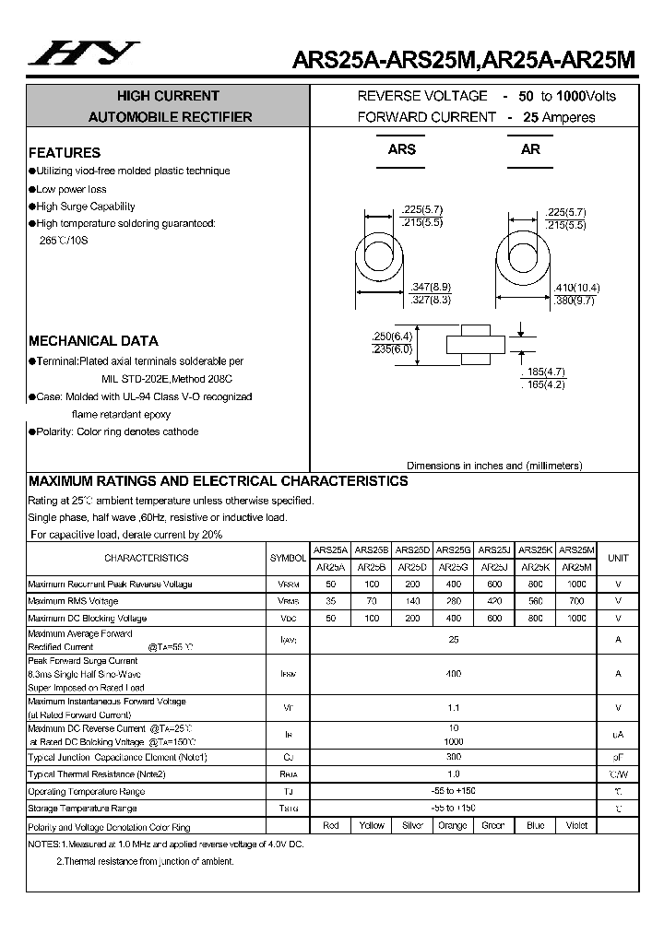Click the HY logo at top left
coord(83,55)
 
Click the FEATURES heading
coord(65,153)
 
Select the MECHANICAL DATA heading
coord(93,340)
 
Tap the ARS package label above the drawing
coord(401,149)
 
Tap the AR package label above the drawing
coord(530,149)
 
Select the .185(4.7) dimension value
coord(546,371)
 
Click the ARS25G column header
coord(453,549)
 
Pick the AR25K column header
coord(536,567)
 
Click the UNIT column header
coord(618,558)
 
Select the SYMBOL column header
coord(289,559)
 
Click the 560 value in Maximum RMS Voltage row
coord(536,601)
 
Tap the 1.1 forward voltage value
coord(453,708)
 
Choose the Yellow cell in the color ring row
coord(372,825)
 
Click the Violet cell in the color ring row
coord(576,825)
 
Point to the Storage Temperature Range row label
coord(83,809)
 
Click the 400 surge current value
coord(453,674)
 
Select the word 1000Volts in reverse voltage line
coord(586,96)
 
